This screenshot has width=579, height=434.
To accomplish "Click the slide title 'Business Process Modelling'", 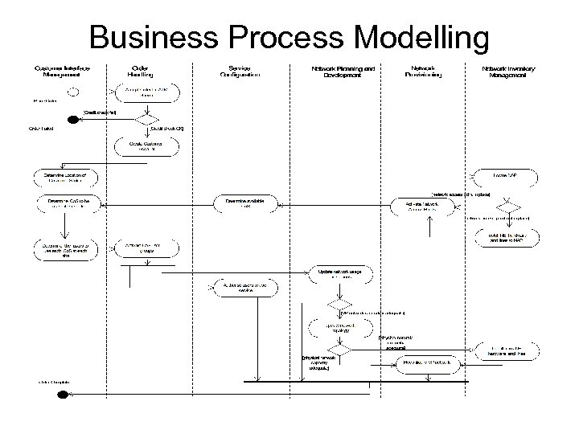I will click(289, 37).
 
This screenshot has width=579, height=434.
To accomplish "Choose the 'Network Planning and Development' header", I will click(343, 72).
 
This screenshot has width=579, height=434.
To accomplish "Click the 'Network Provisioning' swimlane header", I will click(427, 72).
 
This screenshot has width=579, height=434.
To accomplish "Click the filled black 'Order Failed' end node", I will click(74, 121).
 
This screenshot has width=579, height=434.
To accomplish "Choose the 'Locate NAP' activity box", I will click(510, 174).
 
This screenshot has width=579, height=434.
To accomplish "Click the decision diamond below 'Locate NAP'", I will click(510, 199).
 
